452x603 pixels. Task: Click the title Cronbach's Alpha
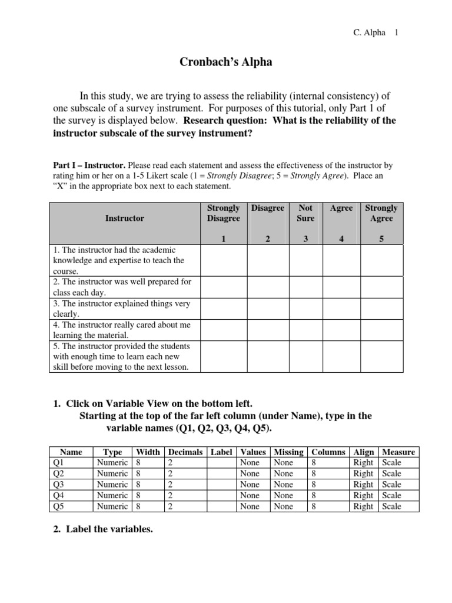click(225, 62)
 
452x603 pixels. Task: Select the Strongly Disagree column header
click(224, 213)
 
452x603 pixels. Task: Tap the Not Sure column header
click(305, 213)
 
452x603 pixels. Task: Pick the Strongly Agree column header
click(381, 213)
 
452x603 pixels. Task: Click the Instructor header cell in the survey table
click(124, 218)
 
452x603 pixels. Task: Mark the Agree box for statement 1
click(342, 260)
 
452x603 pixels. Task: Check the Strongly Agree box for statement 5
click(381, 356)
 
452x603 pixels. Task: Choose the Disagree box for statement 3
click(267, 309)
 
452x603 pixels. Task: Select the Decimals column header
click(185, 452)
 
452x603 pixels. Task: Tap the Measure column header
click(398, 452)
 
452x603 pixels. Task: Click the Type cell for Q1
click(112, 463)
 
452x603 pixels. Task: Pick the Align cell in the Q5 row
click(363, 506)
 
